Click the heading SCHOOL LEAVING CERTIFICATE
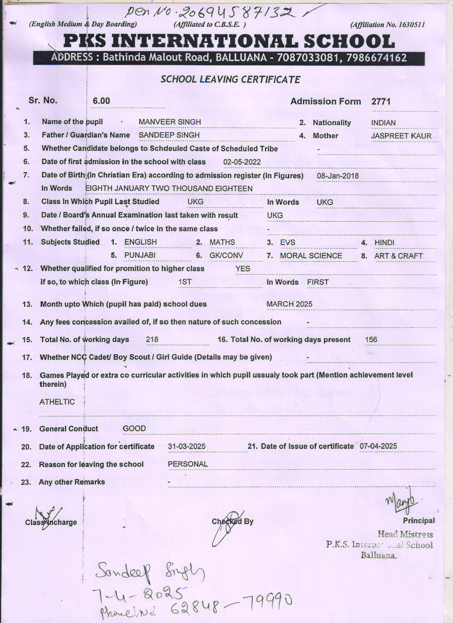[x=230, y=79]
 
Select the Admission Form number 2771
[x=381, y=102]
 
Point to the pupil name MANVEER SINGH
[x=169, y=122]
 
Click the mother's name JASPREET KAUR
[x=401, y=136]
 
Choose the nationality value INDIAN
[x=383, y=123]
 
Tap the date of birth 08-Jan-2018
[x=338, y=176]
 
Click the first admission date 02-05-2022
[x=242, y=162]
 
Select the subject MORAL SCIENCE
[x=311, y=256]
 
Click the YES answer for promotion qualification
[x=243, y=269]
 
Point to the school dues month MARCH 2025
[x=289, y=304]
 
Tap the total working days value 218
[x=152, y=340]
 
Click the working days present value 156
[x=371, y=340]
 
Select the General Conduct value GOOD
[x=134, y=428]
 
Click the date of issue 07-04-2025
[x=378, y=446]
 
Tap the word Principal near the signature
[x=419, y=521]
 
